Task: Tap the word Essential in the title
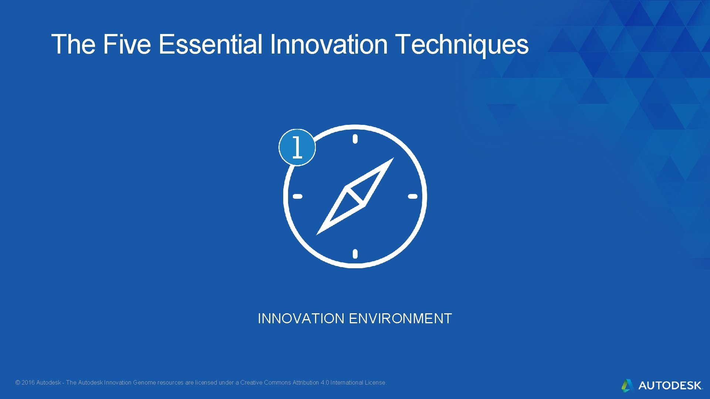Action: (210, 44)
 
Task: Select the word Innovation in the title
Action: (329, 44)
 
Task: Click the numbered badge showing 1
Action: (297, 147)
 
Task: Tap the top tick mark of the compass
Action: (355, 139)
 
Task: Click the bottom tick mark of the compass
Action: (355, 254)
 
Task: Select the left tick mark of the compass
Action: (298, 196)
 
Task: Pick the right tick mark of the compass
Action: (413, 196)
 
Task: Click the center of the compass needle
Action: (355, 196)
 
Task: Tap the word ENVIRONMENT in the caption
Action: (400, 318)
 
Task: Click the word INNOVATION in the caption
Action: (301, 318)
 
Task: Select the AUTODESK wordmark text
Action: (670, 386)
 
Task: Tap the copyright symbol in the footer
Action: (17, 383)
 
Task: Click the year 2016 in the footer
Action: (28, 383)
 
